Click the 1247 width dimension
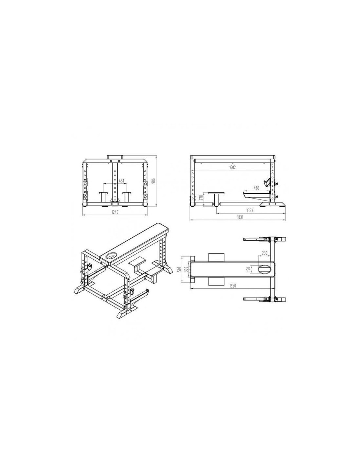pyautogui.click(x=115, y=212)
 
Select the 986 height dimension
pyautogui.click(x=153, y=181)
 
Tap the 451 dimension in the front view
pyautogui.click(x=121, y=181)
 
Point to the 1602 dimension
pyautogui.click(x=232, y=167)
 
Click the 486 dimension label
pyautogui.click(x=256, y=188)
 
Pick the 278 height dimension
pyautogui.click(x=200, y=197)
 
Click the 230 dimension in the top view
pyautogui.click(x=264, y=253)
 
